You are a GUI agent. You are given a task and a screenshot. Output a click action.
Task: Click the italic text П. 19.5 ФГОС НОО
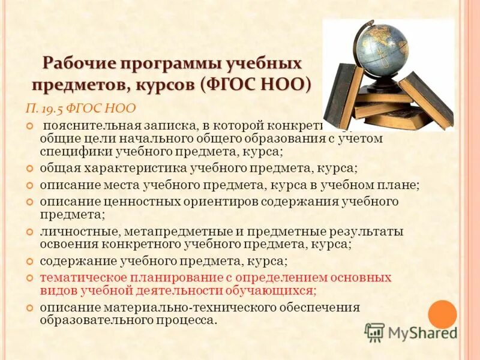80,109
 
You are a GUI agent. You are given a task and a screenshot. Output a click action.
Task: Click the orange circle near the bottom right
443,314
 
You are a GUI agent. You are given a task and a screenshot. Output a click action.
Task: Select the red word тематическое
83,277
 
